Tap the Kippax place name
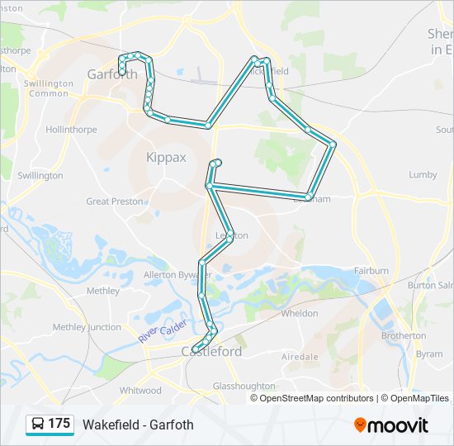(x=166, y=157)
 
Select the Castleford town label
(x=211, y=352)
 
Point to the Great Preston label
(x=115, y=201)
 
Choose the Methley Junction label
(x=87, y=327)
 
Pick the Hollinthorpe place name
(x=71, y=130)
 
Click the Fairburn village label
(x=371, y=271)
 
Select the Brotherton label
(x=404, y=336)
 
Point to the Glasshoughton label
(x=244, y=386)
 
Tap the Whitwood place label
(x=140, y=390)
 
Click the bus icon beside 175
(x=37, y=425)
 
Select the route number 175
(x=59, y=424)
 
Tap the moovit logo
(x=391, y=425)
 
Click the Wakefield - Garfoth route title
(x=138, y=425)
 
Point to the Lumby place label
(x=423, y=175)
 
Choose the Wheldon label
(x=300, y=314)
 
